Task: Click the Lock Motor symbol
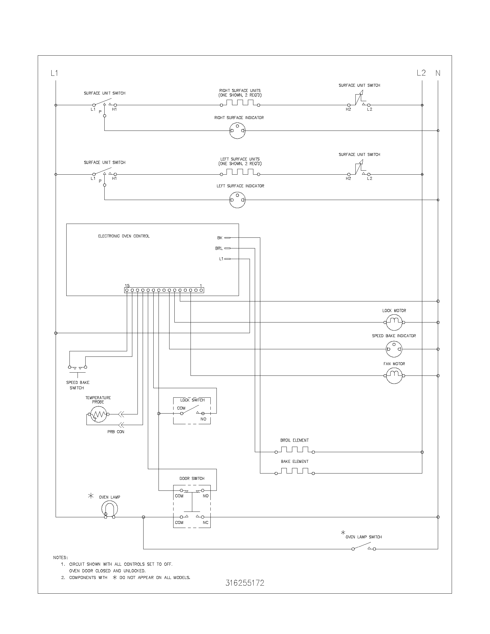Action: [x=394, y=322]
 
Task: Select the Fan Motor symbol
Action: [x=394, y=376]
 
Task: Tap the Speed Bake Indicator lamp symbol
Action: [x=394, y=349]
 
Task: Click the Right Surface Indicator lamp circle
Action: [x=238, y=131]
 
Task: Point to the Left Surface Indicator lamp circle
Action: [x=238, y=200]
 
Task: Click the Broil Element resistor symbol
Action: [x=294, y=450]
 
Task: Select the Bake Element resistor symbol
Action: [x=294, y=471]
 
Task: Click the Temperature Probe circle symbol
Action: [x=98, y=414]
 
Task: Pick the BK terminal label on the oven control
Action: [x=220, y=238]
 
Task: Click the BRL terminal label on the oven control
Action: [x=219, y=248]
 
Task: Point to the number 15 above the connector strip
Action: [x=127, y=286]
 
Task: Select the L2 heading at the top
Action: [x=421, y=73]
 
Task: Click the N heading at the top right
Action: [x=438, y=73]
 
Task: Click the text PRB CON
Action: [x=116, y=432]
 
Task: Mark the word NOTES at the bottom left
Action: [x=60, y=557]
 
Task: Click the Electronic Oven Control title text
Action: [x=124, y=236]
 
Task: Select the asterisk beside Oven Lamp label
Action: [x=91, y=496]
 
